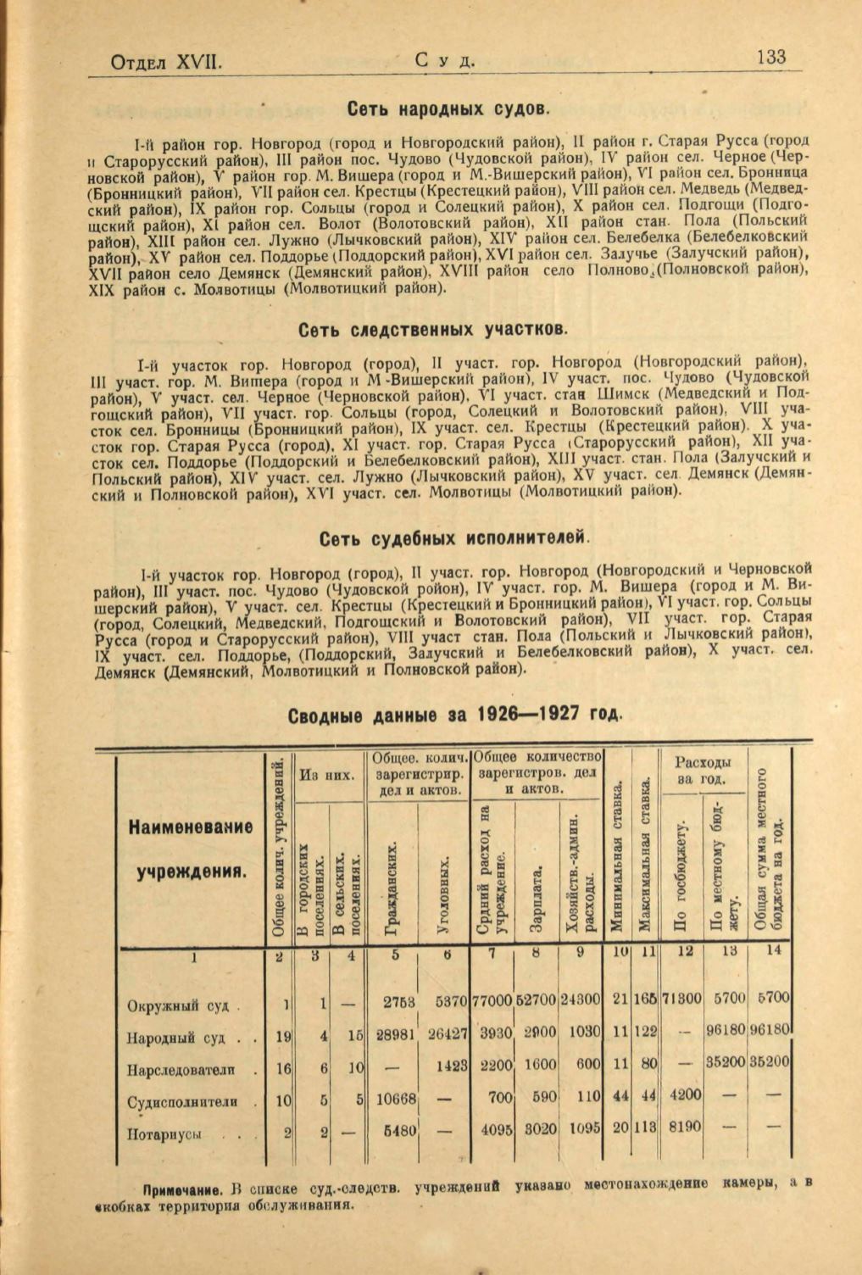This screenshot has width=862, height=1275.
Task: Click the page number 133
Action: (770, 58)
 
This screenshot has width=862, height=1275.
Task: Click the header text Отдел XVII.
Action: (167, 62)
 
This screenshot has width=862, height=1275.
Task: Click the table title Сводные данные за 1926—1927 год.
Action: (456, 714)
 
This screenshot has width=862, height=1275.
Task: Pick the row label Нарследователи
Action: (181, 1071)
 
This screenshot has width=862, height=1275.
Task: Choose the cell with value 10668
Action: (394, 1099)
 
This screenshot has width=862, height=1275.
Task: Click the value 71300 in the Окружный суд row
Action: (681, 1000)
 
